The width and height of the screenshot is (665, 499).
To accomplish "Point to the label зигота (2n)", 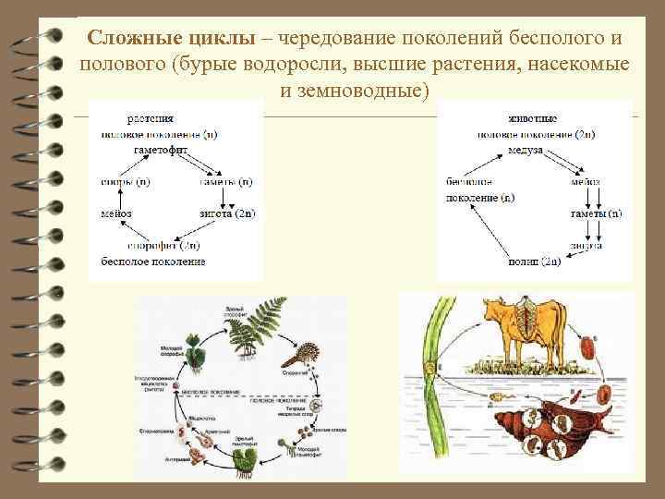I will click(226, 214).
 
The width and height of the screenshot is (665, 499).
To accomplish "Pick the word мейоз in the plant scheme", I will click(115, 214).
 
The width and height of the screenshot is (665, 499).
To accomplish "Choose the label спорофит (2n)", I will click(163, 246).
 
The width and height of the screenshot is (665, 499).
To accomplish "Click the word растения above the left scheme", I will click(151, 118).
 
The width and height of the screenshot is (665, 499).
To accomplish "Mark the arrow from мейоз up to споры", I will click(119, 198).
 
